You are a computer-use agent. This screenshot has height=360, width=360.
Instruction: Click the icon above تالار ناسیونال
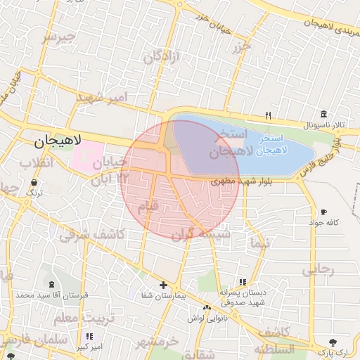tap(323, 115)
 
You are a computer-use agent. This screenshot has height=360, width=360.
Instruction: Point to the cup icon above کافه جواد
tap(323, 212)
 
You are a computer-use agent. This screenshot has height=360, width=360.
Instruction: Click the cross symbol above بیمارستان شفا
tap(164, 285)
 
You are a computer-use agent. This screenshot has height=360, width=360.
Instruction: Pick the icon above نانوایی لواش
tap(207, 308)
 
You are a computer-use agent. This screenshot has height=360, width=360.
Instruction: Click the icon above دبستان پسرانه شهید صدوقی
tap(243, 281)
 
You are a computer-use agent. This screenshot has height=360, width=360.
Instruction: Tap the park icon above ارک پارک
tap(324, 342)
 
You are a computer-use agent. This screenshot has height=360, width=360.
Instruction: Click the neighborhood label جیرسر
tap(58, 37)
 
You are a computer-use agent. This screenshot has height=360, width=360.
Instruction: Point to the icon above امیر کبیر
tap(89, 336)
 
